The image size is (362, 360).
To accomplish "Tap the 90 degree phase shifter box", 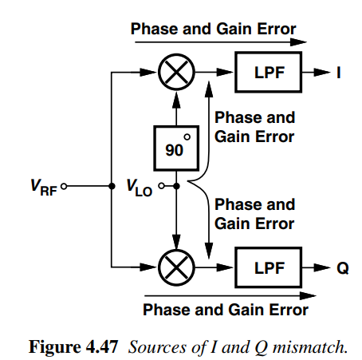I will [175, 145].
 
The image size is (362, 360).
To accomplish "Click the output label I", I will [340, 73].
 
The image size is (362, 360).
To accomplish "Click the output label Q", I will [341, 267].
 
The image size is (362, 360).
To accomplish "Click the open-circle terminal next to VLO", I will [161, 188].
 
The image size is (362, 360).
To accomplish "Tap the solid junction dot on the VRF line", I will [110, 188].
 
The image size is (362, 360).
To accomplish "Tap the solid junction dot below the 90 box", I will [175, 188].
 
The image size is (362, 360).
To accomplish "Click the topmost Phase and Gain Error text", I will [213, 30].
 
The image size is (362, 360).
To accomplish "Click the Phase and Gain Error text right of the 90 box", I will [254, 128].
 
